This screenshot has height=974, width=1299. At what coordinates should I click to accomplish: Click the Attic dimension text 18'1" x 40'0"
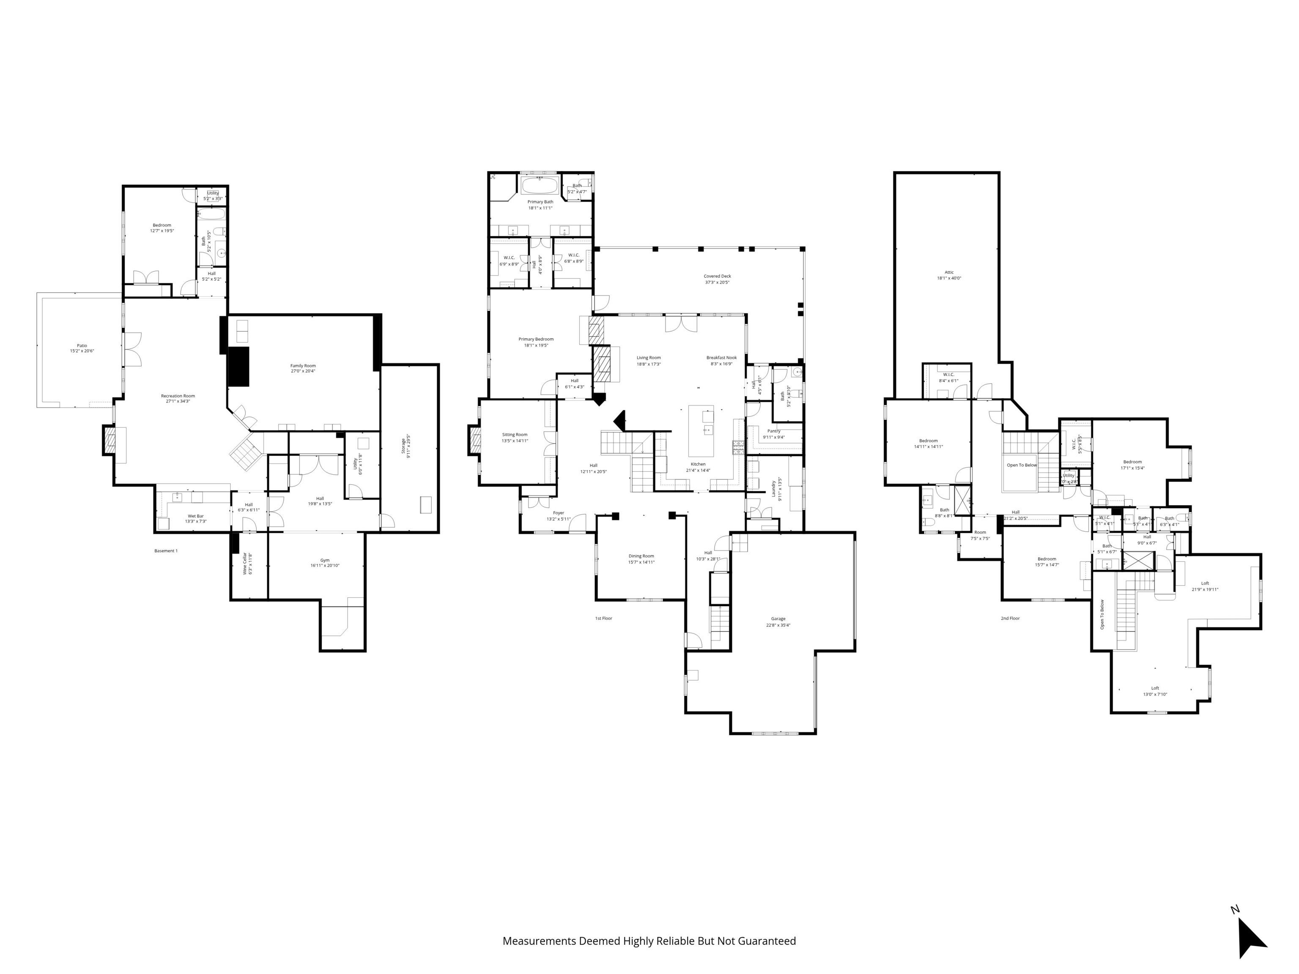949,278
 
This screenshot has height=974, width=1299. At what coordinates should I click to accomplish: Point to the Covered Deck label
717,276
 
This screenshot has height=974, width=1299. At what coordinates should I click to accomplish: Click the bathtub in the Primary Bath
540,186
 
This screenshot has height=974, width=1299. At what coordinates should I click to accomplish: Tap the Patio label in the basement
82,346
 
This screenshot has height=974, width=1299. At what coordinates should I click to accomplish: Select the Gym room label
325,560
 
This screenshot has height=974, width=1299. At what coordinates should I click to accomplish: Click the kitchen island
701,430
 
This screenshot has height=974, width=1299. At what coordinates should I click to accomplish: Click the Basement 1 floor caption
166,551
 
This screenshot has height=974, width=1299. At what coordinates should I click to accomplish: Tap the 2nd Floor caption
1010,618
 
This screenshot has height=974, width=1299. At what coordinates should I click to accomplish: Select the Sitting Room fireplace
474,440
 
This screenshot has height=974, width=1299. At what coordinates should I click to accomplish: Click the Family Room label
303,366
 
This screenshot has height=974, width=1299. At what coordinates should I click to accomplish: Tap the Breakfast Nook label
721,358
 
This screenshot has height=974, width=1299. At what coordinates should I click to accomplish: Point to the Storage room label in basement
403,446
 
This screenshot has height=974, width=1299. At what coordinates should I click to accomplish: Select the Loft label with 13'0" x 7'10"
1154,688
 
